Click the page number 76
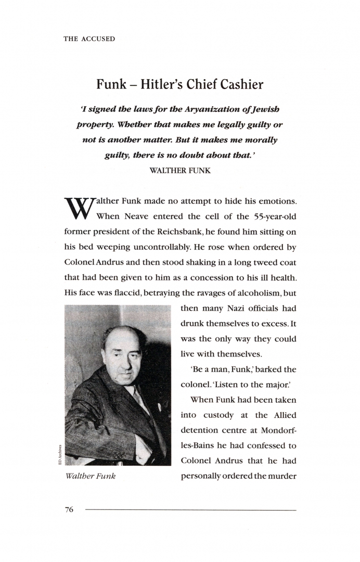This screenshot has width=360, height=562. (x=69, y=510)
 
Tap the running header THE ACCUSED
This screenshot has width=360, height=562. (x=89, y=39)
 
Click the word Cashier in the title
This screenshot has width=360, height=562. (x=240, y=84)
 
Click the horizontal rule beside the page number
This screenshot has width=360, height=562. (x=190, y=510)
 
